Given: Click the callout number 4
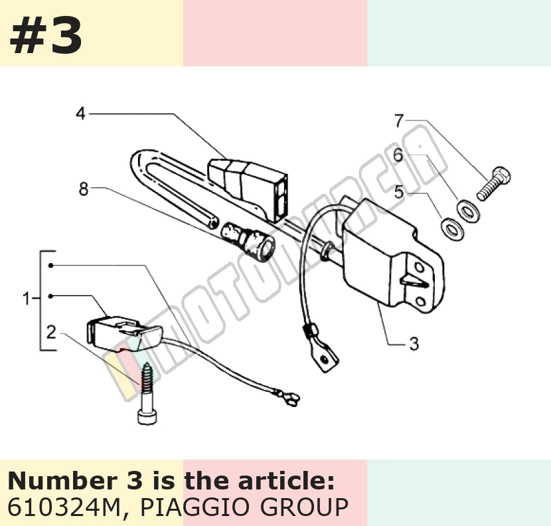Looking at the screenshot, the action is coord(81,114).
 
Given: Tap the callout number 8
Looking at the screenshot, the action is coord(83,189).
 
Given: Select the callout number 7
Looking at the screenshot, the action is coord(399,121).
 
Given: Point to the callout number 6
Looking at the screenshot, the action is coord(398,155).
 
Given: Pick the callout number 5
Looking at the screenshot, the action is coord(398,193).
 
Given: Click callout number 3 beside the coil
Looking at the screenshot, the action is coord(414,343).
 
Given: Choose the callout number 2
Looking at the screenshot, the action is coord(51,332).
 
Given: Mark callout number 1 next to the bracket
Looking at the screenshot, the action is coord(27,298).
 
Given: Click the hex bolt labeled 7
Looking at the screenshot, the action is coord(494,183).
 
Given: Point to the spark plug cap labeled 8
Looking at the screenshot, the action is coord(248,240).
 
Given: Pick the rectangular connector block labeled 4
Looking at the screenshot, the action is coord(248,189).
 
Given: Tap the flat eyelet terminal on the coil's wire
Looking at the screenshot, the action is coord(325,359).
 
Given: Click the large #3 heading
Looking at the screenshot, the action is coord(46,36).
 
